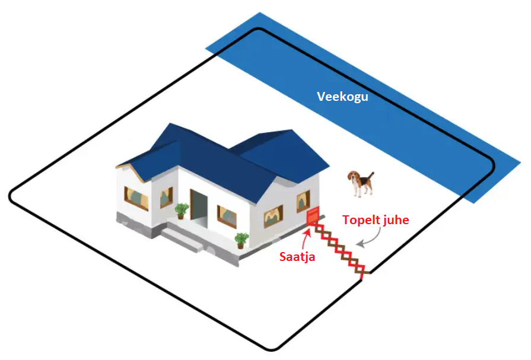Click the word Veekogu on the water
(x=342, y=97)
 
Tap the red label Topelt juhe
(x=376, y=220)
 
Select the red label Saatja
(x=297, y=257)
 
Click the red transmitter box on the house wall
(x=312, y=216)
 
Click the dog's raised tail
(x=371, y=176)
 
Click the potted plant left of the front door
(x=181, y=211)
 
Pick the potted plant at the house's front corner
(x=241, y=240)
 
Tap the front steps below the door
(x=183, y=239)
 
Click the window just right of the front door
(x=227, y=216)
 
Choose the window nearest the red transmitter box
(x=303, y=202)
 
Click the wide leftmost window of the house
(x=136, y=199)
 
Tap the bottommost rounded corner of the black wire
(x=271, y=348)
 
